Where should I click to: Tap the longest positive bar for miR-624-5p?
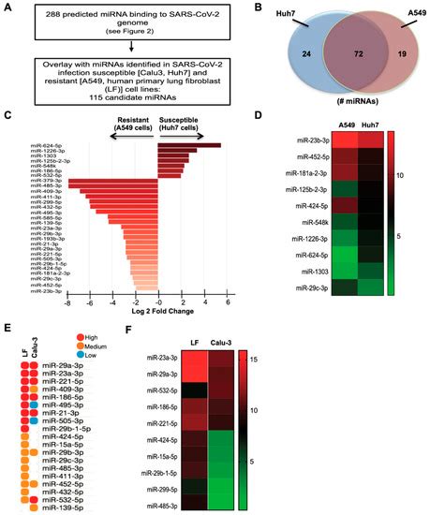pyautogui.click(x=190, y=145)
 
